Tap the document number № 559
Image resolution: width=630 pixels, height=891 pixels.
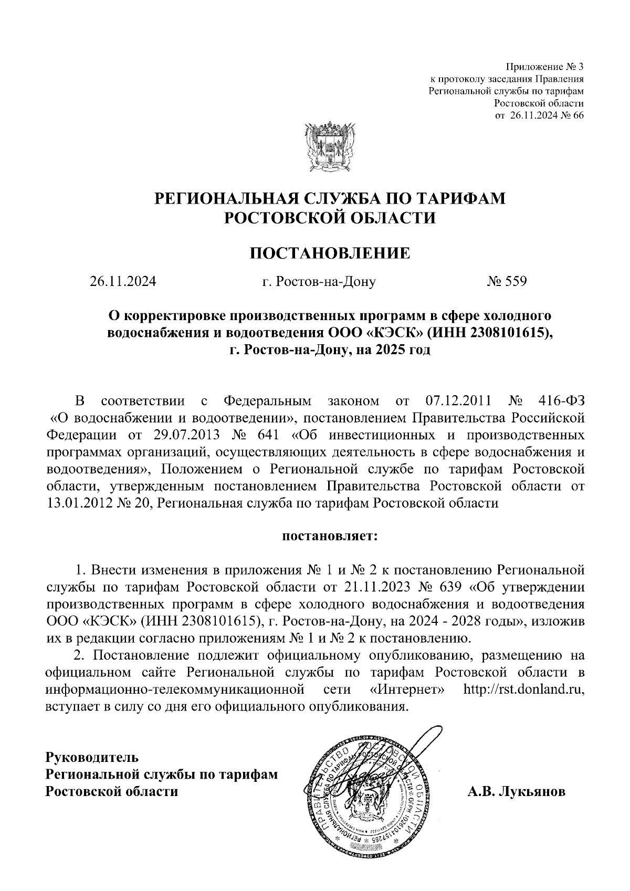507,282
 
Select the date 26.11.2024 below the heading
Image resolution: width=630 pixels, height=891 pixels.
122,282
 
